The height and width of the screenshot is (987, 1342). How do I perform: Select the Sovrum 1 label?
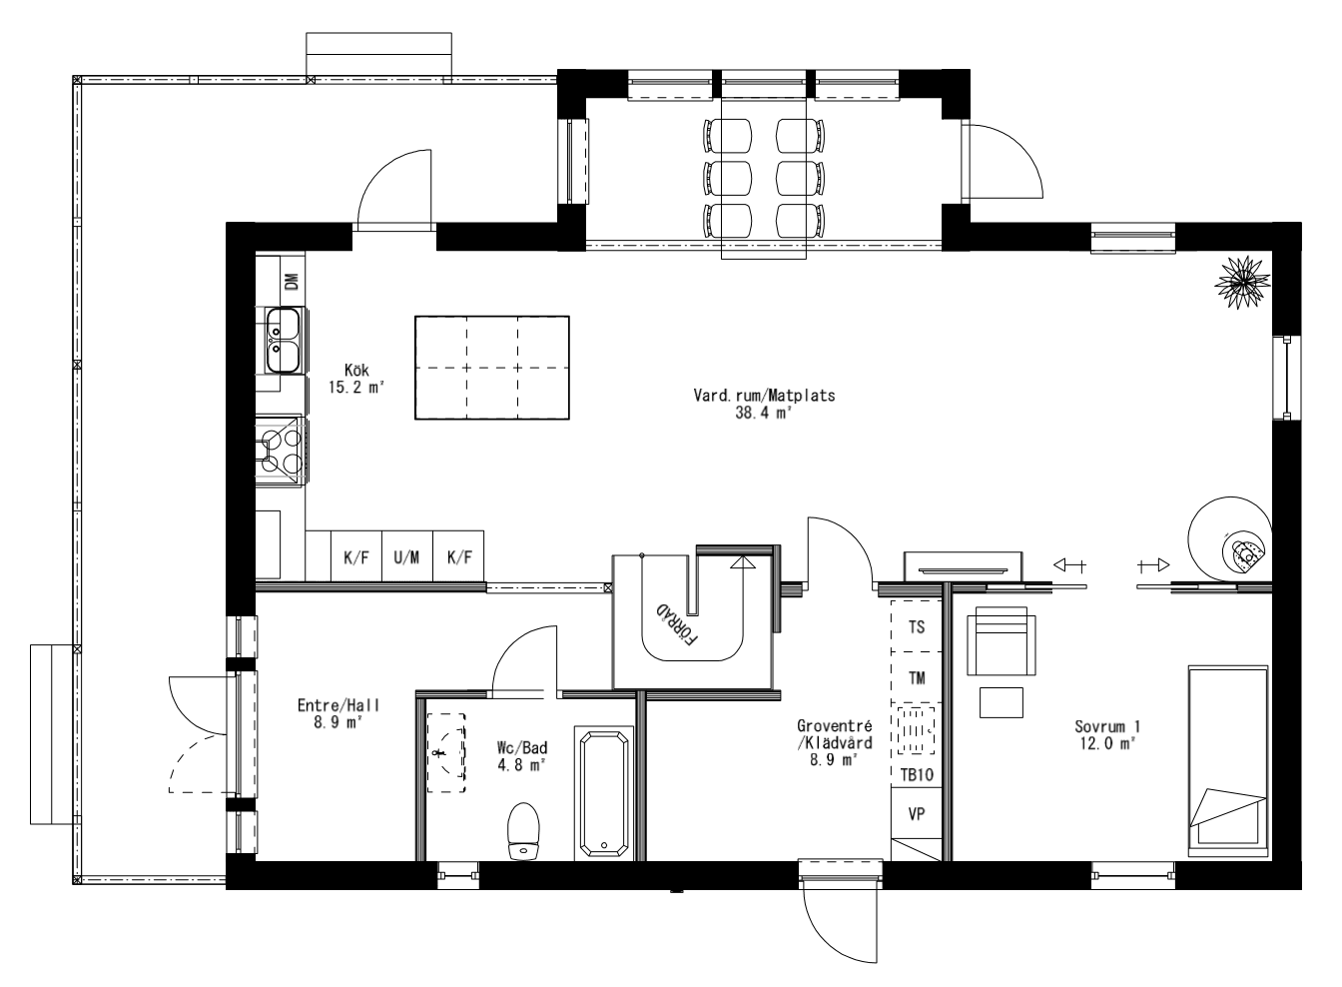[1107, 735]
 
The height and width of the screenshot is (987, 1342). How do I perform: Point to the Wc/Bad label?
[521, 755]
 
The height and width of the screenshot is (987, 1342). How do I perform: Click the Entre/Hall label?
[338, 713]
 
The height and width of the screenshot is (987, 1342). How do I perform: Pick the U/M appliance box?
[406, 557]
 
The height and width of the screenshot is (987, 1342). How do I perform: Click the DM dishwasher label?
[292, 282]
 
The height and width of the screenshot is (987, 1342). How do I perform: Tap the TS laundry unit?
[916, 627]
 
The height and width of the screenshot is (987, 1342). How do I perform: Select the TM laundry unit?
[916, 677]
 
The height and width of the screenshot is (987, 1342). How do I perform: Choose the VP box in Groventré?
[916, 813]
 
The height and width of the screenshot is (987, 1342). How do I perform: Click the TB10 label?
[916, 774]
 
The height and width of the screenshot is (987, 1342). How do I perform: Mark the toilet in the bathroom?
[523, 830]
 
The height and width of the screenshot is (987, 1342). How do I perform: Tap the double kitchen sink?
[283, 339]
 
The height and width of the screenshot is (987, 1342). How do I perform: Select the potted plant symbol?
[1241, 279]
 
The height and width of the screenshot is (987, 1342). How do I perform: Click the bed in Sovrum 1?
[1227, 759]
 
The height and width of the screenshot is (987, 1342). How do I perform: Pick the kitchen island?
[491, 368]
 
